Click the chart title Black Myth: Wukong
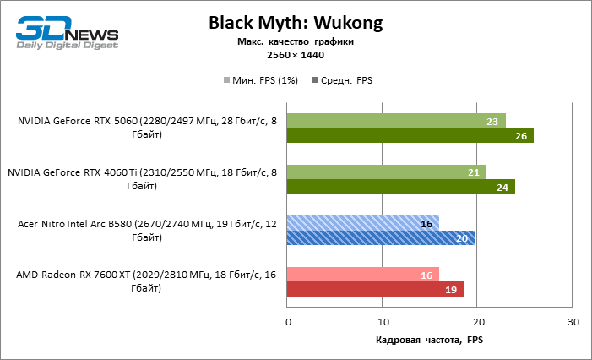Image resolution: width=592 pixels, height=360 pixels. point(295,24)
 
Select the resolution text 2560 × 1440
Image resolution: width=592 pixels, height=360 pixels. point(295,55)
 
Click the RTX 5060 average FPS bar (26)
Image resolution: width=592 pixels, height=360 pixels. point(410,135)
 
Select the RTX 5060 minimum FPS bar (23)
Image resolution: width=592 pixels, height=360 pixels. point(396,121)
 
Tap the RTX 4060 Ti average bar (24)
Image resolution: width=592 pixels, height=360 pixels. point(401,187)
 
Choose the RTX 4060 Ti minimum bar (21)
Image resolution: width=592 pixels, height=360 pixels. point(387,172)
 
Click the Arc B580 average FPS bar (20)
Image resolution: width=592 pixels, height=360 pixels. point(382,238)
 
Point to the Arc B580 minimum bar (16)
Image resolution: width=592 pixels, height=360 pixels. point(363,224)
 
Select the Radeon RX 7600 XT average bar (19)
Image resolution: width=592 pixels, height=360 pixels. point(376,290)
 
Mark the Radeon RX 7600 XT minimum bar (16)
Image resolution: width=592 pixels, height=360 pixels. point(363,275)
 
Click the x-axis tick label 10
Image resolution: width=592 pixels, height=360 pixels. point(383,323)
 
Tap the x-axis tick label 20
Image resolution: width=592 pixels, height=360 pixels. point(479,323)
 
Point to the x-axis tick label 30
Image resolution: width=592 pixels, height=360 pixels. point(573,323)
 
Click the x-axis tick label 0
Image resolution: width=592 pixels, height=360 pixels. point(288,323)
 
